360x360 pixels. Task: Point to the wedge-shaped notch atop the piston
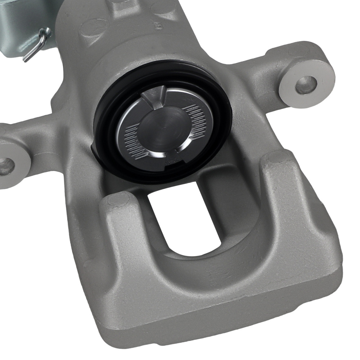click(x=153, y=97)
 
